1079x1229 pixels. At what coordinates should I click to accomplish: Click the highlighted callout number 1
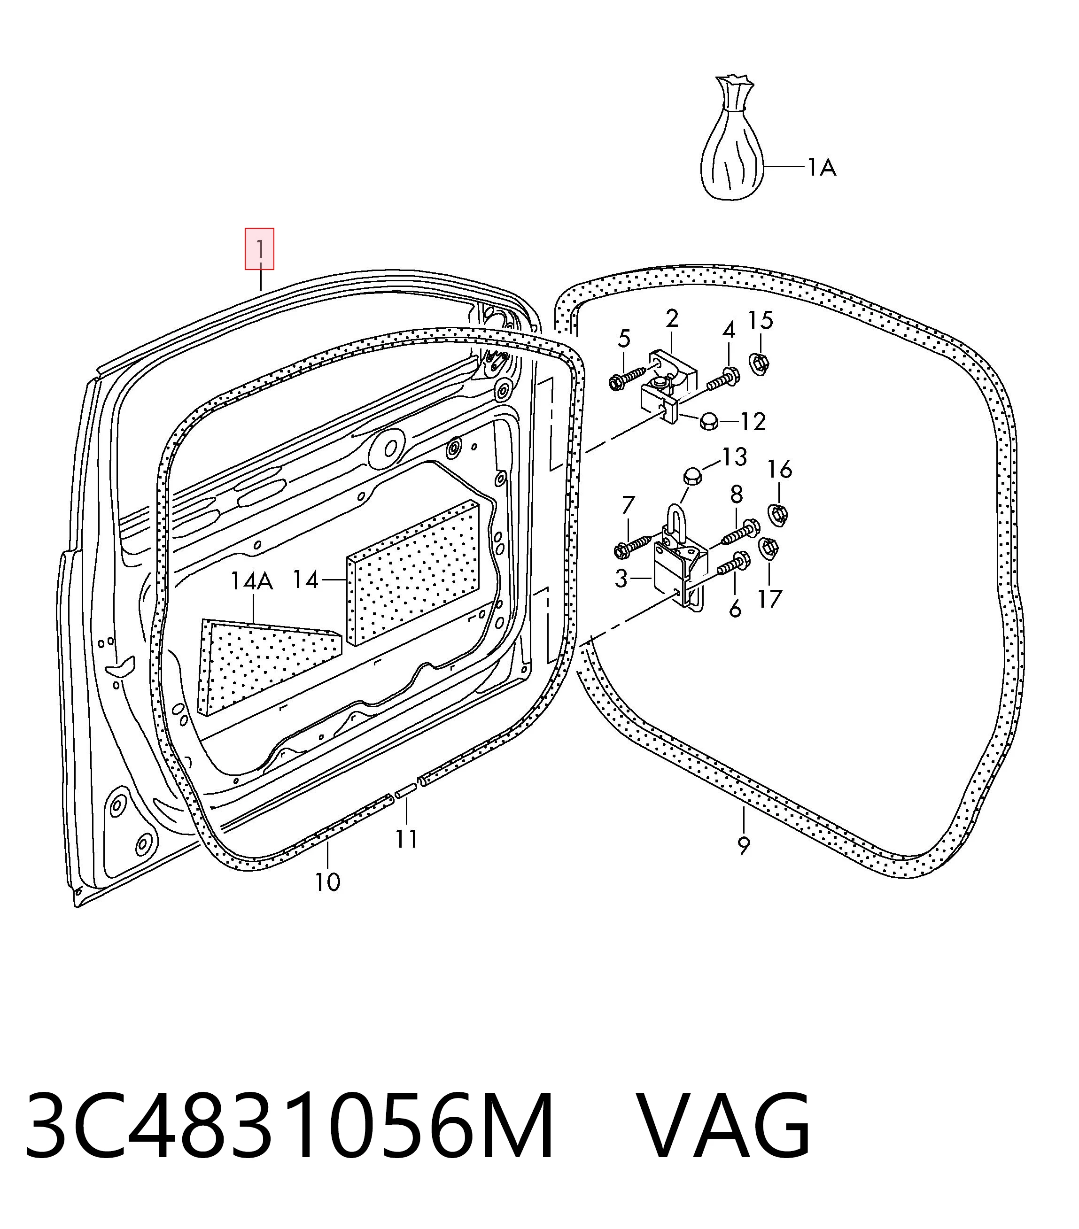click(x=259, y=248)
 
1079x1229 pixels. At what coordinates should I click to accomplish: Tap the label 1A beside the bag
click(x=821, y=167)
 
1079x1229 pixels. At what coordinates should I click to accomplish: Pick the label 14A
click(x=252, y=581)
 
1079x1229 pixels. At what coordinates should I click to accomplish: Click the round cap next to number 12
click(x=708, y=422)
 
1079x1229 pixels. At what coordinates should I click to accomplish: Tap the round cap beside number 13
click(x=692, y=476)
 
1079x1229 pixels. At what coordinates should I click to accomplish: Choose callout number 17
click(x=769, y=599)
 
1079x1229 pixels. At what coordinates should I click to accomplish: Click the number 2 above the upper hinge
click(x=672, y=318)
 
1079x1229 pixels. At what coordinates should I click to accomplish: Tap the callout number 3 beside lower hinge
click(x=621, y=579)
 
